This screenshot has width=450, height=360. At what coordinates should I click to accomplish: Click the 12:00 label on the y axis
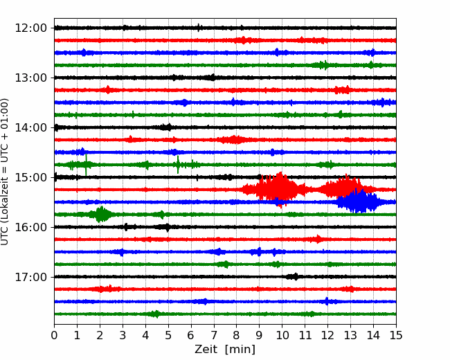coord(30,28)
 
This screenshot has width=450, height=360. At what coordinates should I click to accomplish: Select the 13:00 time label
coord(30,78)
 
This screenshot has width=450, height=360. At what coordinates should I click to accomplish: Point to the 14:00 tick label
coord(30,127)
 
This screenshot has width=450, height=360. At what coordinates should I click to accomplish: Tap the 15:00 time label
coord(30,177)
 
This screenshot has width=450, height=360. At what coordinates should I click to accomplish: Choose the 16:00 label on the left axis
coord(30,227)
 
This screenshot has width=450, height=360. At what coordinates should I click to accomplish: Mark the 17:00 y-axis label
coord(30,277)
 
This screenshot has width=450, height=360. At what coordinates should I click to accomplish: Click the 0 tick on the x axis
coord(54,335)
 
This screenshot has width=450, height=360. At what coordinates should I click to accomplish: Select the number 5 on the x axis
coord(168,335)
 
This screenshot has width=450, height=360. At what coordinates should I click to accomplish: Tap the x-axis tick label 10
coord(282,335)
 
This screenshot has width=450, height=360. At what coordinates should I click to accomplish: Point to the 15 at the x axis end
coord(396,335)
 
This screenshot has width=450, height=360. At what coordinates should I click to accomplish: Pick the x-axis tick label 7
coord(214,335)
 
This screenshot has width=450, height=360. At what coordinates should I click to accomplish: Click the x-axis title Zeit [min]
coord(225,350)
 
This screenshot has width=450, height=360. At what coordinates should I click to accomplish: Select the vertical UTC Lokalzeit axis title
coord(4,172)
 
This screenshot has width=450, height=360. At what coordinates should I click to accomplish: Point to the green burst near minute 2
coord(100,215)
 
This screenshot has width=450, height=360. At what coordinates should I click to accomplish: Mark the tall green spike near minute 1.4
coord(86,165)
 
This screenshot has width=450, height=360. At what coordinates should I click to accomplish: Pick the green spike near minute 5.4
coord(178,165)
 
